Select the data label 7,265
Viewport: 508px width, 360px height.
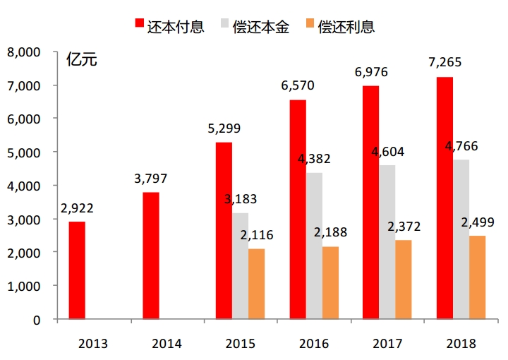point(445,63)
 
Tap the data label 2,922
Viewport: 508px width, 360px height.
point(78,208)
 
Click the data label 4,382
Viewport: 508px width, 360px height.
point(314,159)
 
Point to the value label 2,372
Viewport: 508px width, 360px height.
point(404,226)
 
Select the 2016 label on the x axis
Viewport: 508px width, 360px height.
point(314,344)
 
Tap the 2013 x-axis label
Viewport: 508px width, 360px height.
point(93,344)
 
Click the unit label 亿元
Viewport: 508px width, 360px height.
point(81,60)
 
